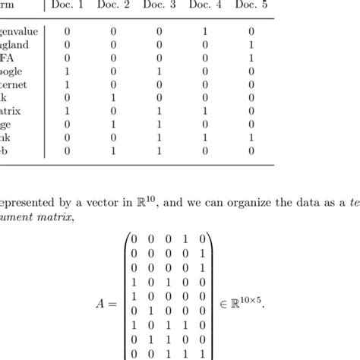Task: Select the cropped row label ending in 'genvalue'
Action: pos(19,31)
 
